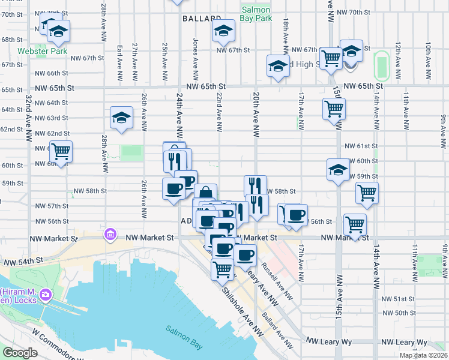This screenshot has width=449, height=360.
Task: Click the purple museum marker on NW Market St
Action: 110,233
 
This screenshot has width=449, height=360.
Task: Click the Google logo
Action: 20,353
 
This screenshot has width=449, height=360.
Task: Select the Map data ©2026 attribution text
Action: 423,355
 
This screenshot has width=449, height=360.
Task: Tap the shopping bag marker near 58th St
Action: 205,193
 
